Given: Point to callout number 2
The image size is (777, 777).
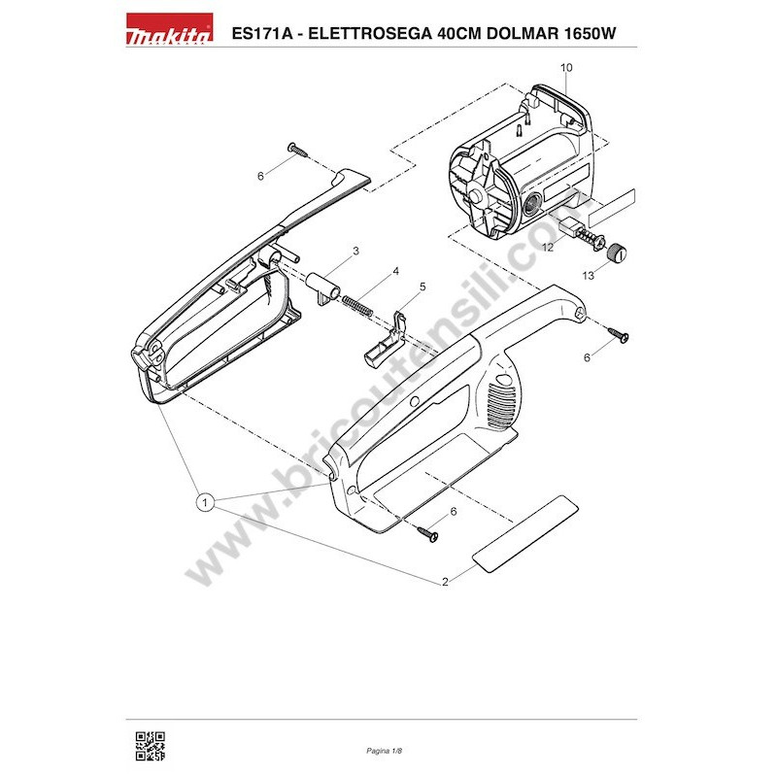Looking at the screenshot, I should pos(445,582).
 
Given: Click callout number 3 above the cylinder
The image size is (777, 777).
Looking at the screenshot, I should pos(356,252).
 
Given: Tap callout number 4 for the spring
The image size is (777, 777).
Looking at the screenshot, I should pos(396,271).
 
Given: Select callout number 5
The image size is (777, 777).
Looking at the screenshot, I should pos(422,287).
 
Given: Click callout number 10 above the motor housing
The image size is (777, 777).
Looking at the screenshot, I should pos(567,68).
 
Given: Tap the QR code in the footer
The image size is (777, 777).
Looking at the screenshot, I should pos(149,745).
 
